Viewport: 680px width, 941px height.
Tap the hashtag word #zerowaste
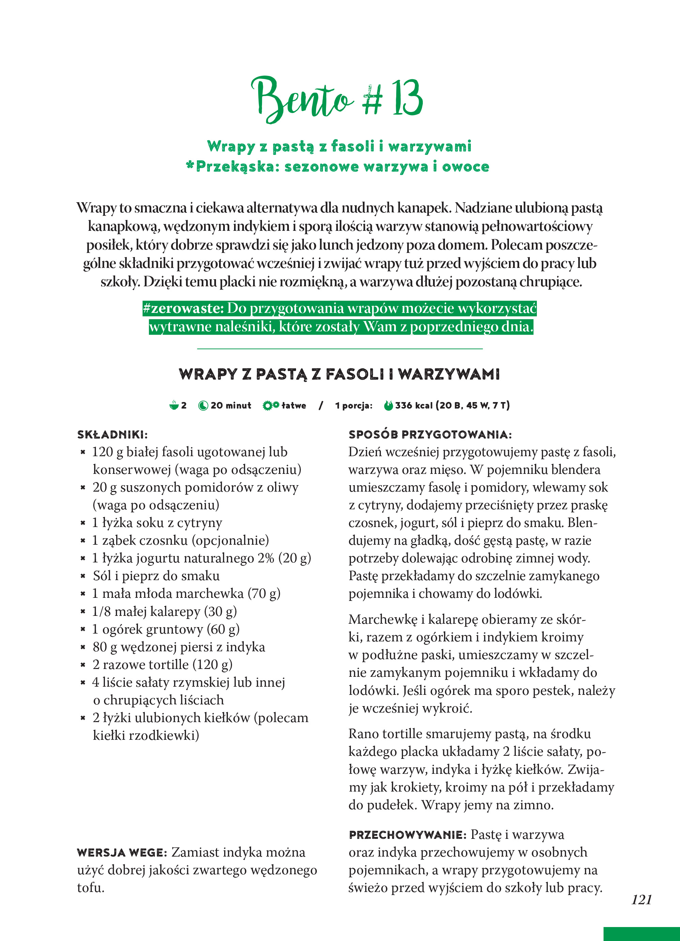pyautogui.click(x=183, y=308)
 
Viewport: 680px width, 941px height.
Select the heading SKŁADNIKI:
pyautogui.click(x=112, y=434)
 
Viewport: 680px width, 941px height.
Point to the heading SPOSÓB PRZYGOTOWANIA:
pyautogui.click(x=430, y=434)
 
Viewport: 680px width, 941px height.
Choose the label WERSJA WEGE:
pyautogui.click(x=122, y=852)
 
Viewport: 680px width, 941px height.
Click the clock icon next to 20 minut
pyautogui.click(x=203, y=405)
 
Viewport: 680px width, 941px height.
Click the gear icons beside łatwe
pyautogui.click(x=271, y=405)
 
